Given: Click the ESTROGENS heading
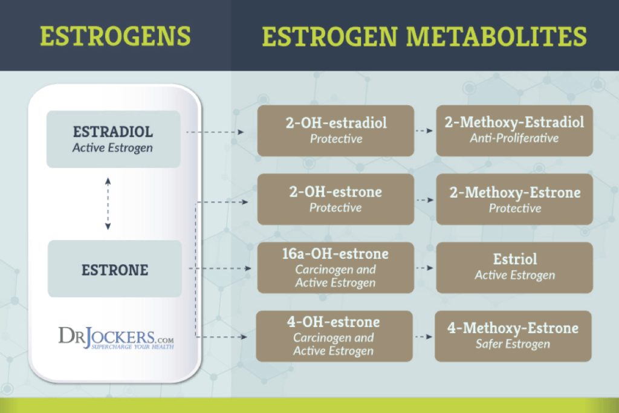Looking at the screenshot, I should [x=115, y=36].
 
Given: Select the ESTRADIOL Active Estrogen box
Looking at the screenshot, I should [x=113, y=139].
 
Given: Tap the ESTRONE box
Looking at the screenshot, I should [x=114, y=269].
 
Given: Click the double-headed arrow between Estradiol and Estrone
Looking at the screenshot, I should [x=108, y=204].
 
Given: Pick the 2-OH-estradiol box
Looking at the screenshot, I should [x=335, y=131].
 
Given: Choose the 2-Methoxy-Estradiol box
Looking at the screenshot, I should [x=514, y=131].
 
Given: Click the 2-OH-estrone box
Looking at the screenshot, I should [x=335, y=200].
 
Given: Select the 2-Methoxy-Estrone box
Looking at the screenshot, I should [x=514, y=200].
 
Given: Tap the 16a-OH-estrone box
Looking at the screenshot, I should [x=335, y=268].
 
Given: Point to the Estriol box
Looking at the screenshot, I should [x=514, y=268].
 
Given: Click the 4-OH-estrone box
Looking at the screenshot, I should [x=334, y=336].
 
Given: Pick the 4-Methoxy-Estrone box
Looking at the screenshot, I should [x=513, y=336].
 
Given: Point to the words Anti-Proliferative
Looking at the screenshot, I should [x=514, y=138].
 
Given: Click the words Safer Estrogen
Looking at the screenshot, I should [x=513, y=344].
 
